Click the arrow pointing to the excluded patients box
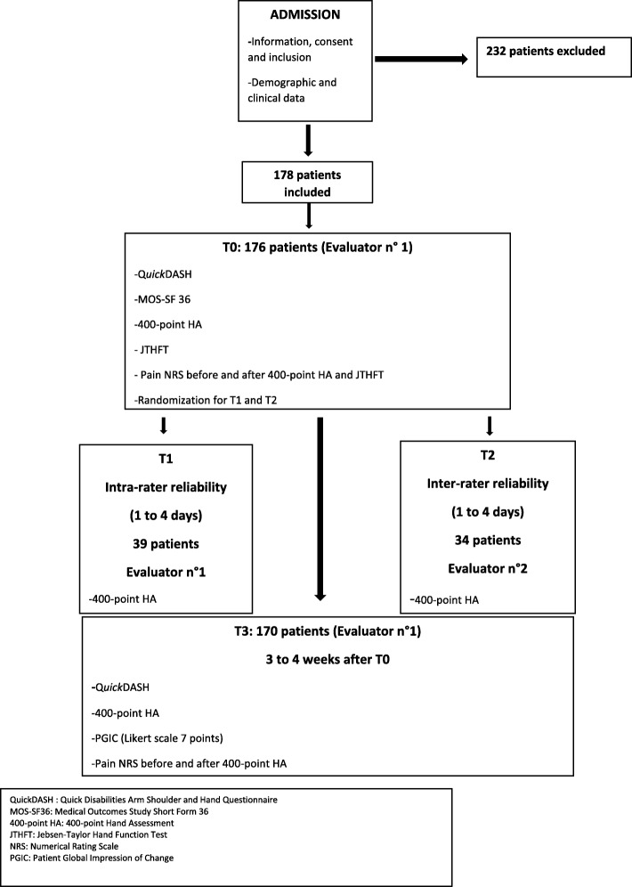coord(421,61)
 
